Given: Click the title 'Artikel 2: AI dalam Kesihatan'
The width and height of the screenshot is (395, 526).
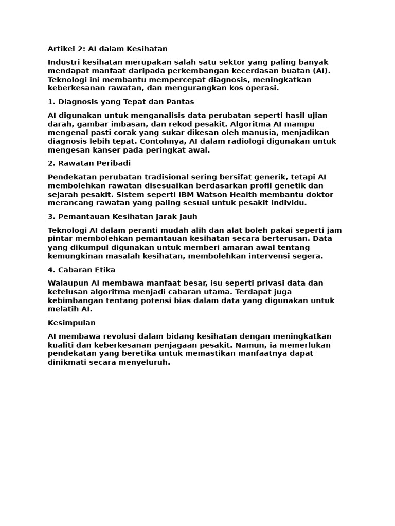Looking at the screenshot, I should [107, 49].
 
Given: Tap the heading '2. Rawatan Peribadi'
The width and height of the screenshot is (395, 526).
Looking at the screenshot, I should [89, 163].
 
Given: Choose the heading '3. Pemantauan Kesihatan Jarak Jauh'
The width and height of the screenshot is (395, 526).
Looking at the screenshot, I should [122, 216].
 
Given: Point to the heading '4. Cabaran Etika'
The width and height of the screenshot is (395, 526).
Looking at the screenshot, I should [81, 270].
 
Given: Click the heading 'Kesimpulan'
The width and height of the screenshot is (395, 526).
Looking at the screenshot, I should [71, 323].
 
